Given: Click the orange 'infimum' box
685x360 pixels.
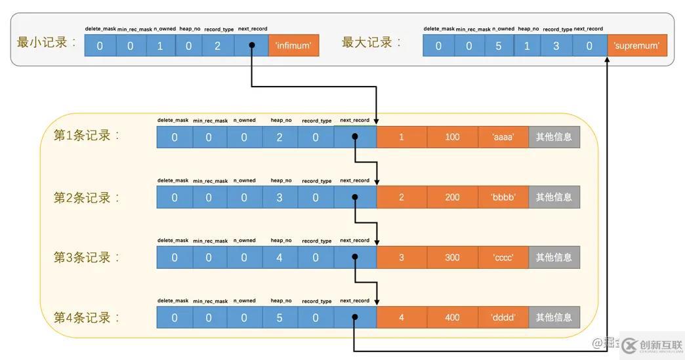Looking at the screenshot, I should pos(293,46).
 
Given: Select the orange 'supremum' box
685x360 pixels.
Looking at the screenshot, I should pos(636,46).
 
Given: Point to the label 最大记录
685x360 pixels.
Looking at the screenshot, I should pos(370,43).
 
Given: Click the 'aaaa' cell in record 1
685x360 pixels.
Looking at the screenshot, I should pos(503,137).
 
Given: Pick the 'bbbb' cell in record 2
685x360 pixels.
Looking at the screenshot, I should pos(503,197).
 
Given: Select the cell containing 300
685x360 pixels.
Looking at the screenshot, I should pos(452,258).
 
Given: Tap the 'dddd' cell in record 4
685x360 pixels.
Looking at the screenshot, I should pos(503,318).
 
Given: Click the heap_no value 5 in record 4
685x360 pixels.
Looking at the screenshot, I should pos(280,318).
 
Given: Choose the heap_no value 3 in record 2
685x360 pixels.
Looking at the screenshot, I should pos(280,197).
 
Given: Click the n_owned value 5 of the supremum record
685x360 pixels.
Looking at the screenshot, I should pos(498,46).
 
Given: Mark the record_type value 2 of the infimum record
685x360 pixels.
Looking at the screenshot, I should pos(217,46).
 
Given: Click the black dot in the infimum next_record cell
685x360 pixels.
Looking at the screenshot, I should pos(251,46).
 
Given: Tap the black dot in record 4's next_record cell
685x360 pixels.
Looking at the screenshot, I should pos(354,318).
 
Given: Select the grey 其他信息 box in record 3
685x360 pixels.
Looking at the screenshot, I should pos(554,258).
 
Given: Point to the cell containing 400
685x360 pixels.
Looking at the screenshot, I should pos(452,318).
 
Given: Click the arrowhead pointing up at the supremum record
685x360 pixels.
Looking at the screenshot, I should pos(608,61).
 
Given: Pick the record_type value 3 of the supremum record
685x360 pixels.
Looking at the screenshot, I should pos(556,46).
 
